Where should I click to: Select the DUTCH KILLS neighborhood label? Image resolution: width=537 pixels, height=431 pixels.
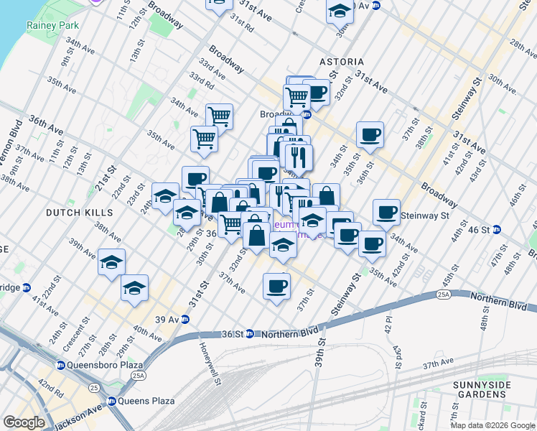[x=79, y=213]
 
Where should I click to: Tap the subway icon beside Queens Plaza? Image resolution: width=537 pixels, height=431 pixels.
[x=111, y=401]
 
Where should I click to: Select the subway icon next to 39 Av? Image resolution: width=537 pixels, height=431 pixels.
[x=185, y=319]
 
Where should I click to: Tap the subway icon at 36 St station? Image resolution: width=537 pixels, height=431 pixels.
[x=249, y=333]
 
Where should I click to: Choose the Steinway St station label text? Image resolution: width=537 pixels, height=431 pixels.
[x=424, y=215]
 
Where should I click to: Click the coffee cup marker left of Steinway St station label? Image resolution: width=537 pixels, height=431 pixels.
[x=386, y=211]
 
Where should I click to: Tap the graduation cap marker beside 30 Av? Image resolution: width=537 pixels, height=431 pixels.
[x=340, y=11]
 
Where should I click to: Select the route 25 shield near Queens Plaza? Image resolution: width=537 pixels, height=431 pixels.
[x=93, y=389]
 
